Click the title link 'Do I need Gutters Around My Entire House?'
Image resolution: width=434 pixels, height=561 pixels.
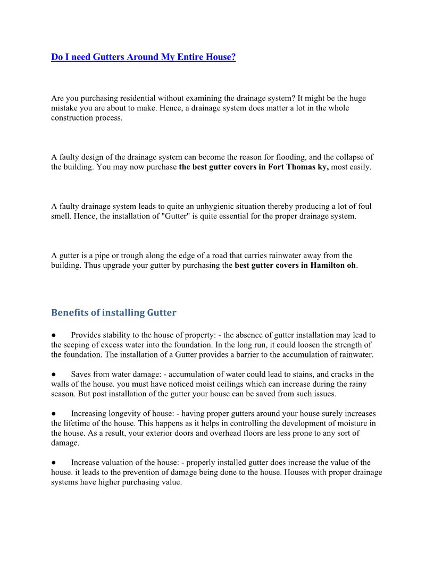coord(143,57)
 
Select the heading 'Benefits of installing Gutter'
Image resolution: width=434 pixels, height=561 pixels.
coord(113,312)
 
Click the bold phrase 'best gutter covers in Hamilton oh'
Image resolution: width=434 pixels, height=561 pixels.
coord(295,265)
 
